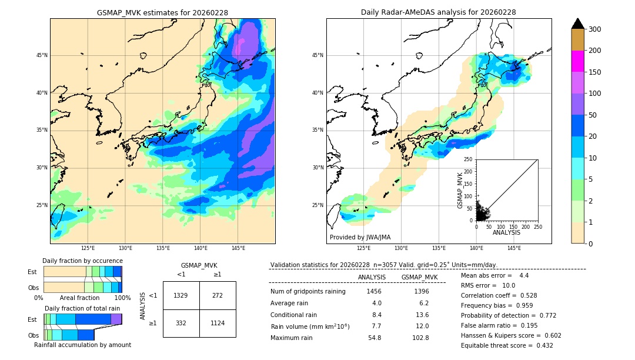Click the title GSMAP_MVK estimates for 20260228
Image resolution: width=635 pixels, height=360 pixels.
162,12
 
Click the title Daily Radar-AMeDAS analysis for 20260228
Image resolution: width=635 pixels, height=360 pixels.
439,12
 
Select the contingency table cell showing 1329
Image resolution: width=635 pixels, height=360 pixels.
181,295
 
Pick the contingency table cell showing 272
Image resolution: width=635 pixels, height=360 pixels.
218,295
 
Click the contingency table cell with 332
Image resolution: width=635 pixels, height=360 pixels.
181,322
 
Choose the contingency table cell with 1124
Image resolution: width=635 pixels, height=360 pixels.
218,322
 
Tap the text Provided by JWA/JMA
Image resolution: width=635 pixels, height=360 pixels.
360,238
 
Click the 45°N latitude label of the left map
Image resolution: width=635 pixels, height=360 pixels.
42,55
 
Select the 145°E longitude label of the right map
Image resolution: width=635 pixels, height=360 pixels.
514,248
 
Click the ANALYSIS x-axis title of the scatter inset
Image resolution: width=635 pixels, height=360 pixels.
506,232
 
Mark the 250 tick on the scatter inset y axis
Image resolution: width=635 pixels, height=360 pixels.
469,159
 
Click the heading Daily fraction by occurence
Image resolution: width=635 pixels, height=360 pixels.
82,261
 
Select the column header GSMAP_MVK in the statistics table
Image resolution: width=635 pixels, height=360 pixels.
419,277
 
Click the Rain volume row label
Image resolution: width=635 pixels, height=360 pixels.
310,326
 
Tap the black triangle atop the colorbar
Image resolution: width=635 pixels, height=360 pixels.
578,24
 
